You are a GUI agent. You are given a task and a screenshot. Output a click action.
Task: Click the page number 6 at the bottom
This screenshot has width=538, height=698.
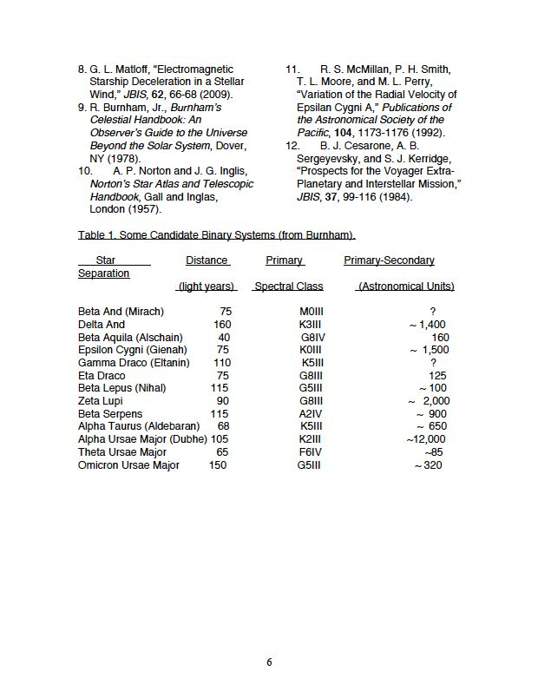click(x=269, y=662)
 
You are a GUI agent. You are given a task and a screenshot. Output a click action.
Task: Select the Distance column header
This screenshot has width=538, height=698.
click(x=207, y=260)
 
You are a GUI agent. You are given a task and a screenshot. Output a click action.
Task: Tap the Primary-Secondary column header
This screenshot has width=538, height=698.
click(x=389, y=260)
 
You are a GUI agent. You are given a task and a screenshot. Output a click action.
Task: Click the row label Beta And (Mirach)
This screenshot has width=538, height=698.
click(x=121, y=312)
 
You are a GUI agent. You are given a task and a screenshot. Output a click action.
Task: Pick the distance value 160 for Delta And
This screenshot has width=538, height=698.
click(x=222, y=325)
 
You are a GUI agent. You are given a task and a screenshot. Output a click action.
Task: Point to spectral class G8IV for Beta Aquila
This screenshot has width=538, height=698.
click(x=312, y=338)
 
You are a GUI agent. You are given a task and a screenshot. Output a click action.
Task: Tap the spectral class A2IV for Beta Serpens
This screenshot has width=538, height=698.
click(x=311, y=414)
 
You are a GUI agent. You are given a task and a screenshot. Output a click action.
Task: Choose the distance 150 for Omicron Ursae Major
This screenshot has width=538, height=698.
click(x=218, y=465)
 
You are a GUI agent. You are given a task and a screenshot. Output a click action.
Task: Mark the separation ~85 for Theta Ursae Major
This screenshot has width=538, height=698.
click(x=433, y=452)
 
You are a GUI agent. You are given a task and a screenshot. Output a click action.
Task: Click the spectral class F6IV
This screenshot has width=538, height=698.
click(x=310, y=452)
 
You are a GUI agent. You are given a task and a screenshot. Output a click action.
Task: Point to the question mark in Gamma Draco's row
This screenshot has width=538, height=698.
click(x=433, y=363)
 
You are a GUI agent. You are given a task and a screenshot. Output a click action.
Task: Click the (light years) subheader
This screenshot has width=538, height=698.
click(x=206, y=286)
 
